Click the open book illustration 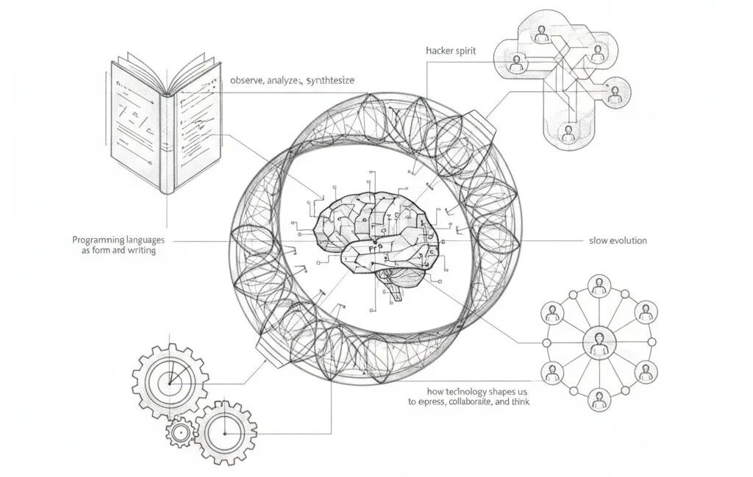click(165, 125)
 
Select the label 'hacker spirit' click(450, 51)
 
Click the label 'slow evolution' click(618, 240)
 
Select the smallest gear click(179, 433)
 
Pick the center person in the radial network click(599, 342)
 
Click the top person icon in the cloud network click(542, 33)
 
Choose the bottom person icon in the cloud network click(567, 133)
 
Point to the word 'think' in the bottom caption click(520, 402)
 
